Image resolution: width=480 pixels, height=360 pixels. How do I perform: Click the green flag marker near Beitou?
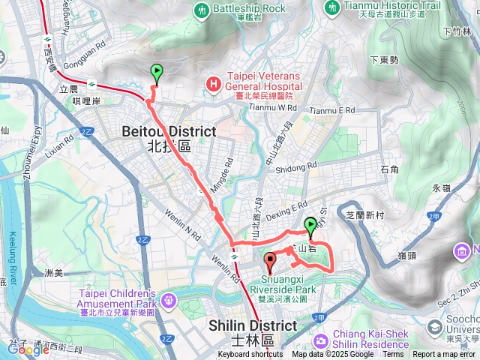click(x=157, y=73)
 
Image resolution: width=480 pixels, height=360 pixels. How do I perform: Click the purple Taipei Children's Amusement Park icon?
click(x=169, y=300)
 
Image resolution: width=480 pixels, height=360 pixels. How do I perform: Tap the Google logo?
click(x=28, y=349)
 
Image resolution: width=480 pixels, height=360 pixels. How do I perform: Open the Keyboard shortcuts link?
click(x=250, y=355)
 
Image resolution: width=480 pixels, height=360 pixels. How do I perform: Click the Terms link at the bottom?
click(x=393, y=355)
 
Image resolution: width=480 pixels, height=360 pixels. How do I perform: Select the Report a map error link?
click(x=446, y=355)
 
